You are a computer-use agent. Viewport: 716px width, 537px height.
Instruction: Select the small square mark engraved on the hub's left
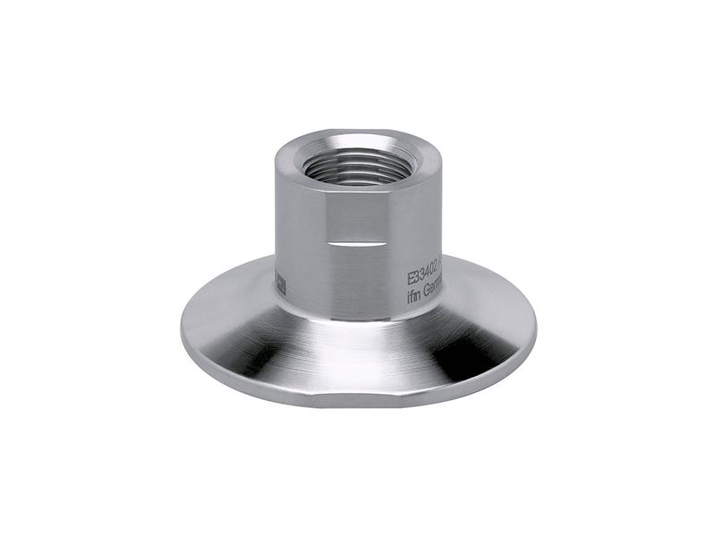tap(279, 284)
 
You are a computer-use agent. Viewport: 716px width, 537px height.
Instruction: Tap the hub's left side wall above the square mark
tap(285, 224)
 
